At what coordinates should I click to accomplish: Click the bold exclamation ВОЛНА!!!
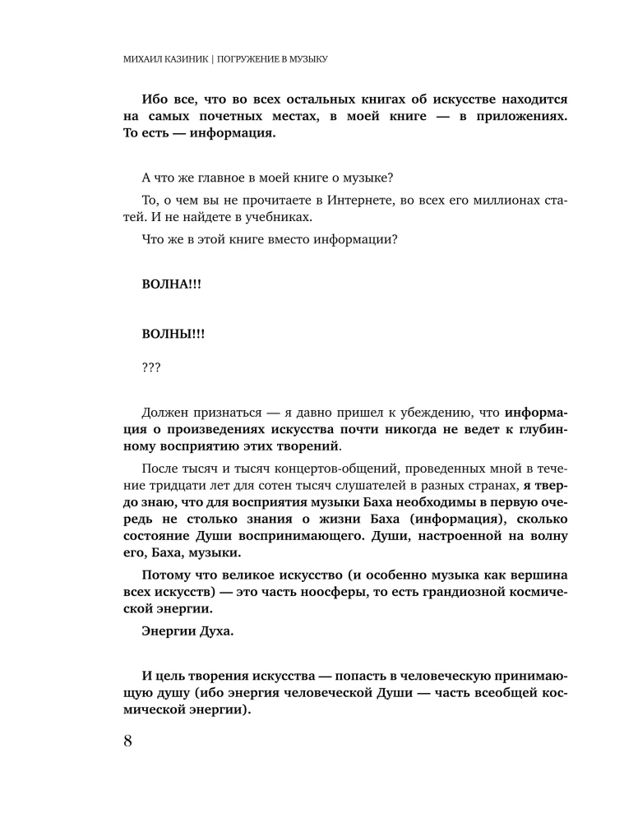click(x=171, y=284)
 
